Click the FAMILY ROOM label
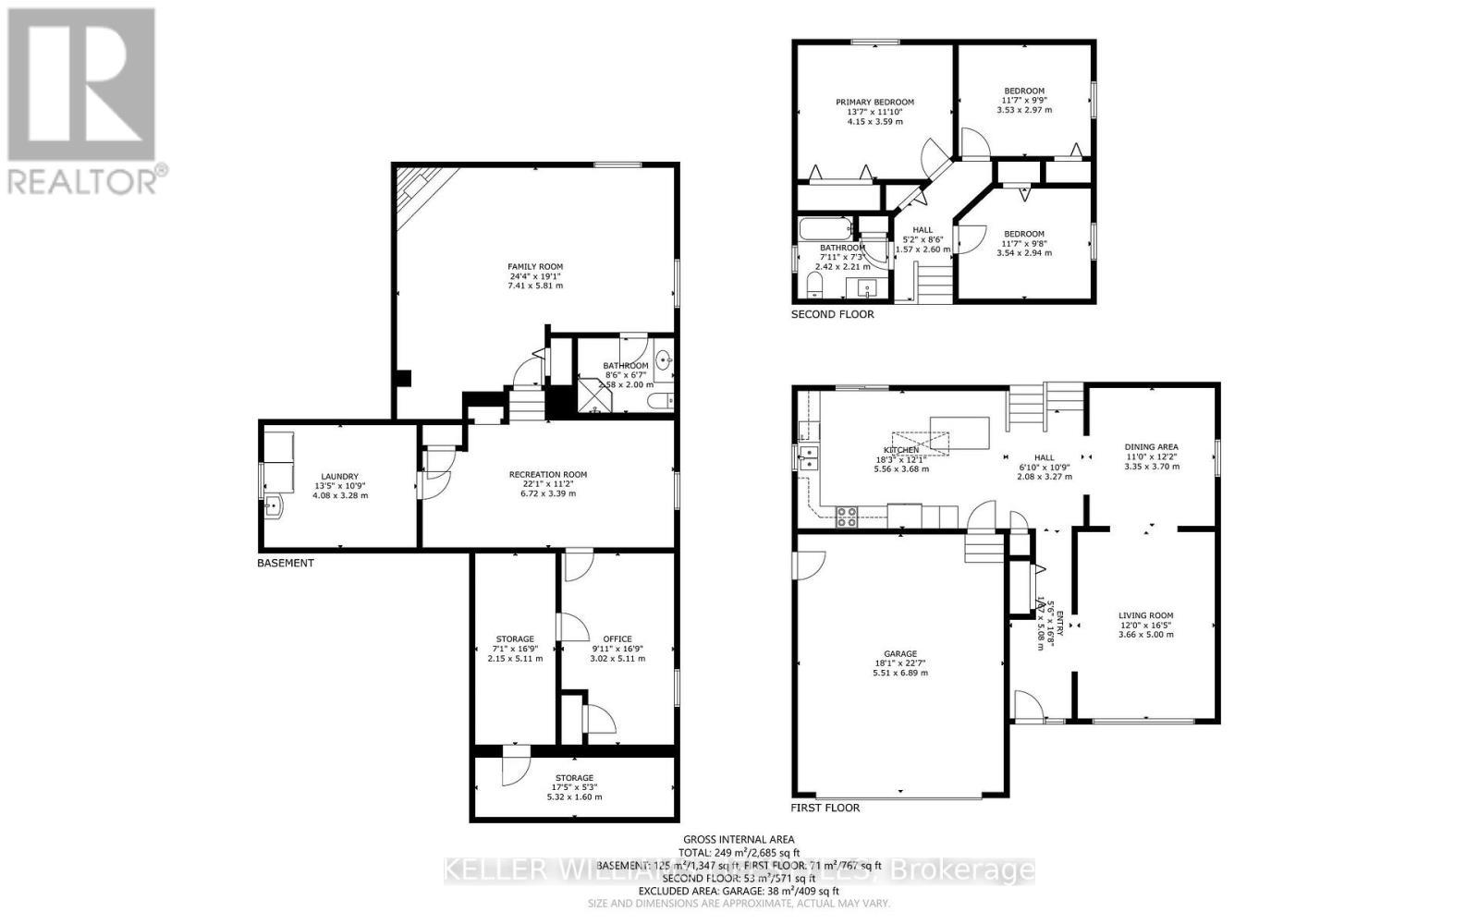tap(534, 267)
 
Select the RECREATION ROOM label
tap(547, 475)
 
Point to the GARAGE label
tap(899, 654)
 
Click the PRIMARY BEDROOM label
tap(874, 103)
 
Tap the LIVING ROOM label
tap(1145, 615)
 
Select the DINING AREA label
tap(1151, 447)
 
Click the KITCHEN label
tap(900, 450)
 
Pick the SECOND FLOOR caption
tap(832, 315)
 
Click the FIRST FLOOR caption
tap(825, 808)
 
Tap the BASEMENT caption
tap(285, 563)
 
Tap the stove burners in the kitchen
tap(846, 517)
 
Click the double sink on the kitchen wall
tap(809, 456)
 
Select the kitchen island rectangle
tap(960, 432)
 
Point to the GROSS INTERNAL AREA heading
tap(739, 840)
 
